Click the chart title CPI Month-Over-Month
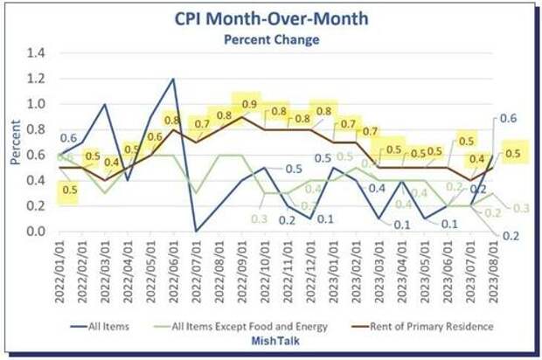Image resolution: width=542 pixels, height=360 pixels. [270, 18]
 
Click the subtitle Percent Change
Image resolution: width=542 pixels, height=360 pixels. [270, 39]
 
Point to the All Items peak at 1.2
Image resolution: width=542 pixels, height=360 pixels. [173, 80]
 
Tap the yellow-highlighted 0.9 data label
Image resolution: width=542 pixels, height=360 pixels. [248, 105]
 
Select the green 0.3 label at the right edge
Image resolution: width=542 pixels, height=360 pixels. [522, 208]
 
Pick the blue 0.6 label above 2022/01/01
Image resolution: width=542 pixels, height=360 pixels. [67, 138]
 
